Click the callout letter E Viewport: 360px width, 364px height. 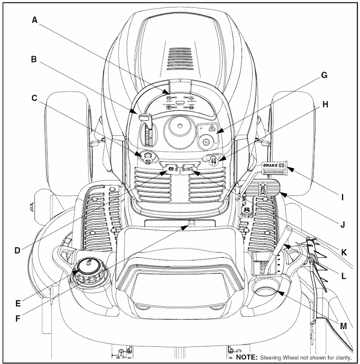[18, 303]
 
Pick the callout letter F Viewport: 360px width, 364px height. [18, 319]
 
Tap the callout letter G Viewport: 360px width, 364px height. [324, 75]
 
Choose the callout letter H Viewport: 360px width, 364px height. [325, 104]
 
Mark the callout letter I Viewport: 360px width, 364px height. [342, 197]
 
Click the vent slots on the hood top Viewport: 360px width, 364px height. [179, 56]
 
